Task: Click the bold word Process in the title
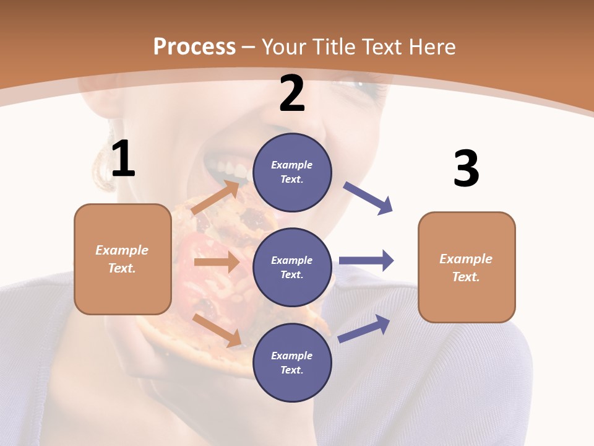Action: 194,47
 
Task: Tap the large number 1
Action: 123,159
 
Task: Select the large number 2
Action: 292,94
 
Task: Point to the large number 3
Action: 467,168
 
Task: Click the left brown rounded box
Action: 123,259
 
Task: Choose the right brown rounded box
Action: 467,267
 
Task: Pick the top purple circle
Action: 292,172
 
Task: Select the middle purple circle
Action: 292,267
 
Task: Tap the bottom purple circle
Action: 292,362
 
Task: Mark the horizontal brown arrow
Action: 217,262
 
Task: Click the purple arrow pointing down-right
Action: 368,198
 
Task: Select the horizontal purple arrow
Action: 366,260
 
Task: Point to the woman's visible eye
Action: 365,84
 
